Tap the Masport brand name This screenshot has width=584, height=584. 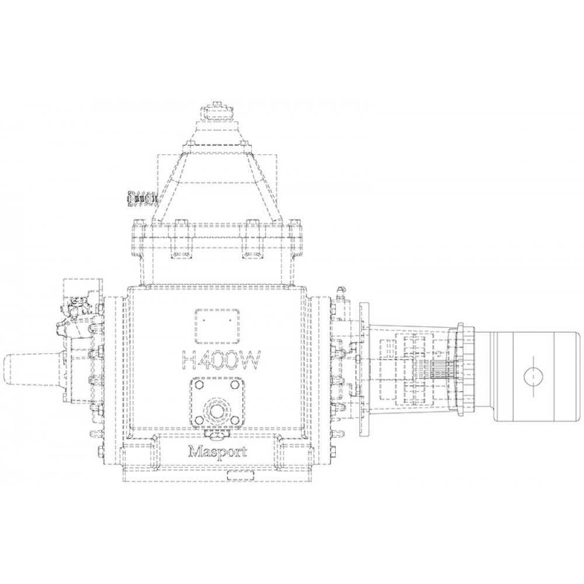coord(217,451)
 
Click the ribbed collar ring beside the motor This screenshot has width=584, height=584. coord(467,371)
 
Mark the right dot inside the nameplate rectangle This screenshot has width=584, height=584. coord(231,321)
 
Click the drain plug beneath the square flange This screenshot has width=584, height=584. coord(217,434)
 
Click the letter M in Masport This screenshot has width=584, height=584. coord(195,451)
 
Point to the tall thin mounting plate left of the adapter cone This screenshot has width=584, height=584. coord(364,370)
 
